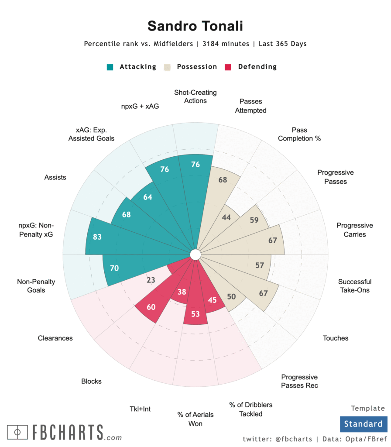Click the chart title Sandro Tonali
point(195,26)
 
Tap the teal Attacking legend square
point(110,67)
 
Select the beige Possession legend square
point(167,67)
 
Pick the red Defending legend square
point(228,67)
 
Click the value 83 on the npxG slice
point(97,237)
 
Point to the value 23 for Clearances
point(151,280)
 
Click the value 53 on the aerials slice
point(195,314)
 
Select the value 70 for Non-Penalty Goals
point(114,268)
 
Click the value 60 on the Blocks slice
point(151,307)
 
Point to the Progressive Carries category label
point(355,230)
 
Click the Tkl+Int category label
point(140,409)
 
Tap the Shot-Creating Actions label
point(195,96)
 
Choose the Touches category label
point(336,338)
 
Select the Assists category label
point(55,177)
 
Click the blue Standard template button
point(363,424)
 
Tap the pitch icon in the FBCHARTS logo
point(17,432)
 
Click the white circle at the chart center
point(195,254)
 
